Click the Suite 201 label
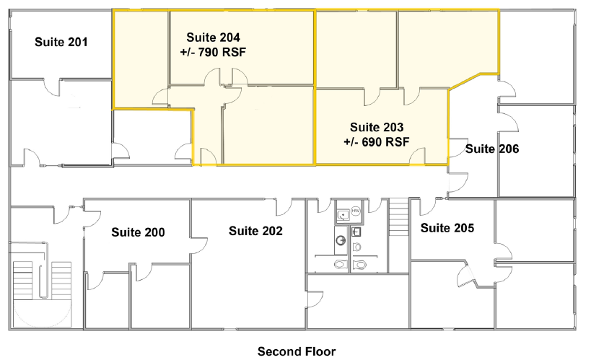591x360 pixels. [61, 42]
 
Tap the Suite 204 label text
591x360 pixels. [213, 38]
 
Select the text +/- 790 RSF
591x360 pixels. [213, 52]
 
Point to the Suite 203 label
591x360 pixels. [377, 127]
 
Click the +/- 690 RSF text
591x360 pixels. [377, 141]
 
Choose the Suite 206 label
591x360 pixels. [492, 149]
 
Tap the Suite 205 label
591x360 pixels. [447, 228]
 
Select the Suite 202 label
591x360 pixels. [255, 231]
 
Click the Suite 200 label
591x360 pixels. [138, 232]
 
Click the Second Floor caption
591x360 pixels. [297, 351]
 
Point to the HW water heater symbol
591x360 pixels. [356, 211]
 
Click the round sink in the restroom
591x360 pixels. [341, 240]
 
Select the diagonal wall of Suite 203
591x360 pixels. [465, 82]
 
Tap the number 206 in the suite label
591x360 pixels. [509, 149]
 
